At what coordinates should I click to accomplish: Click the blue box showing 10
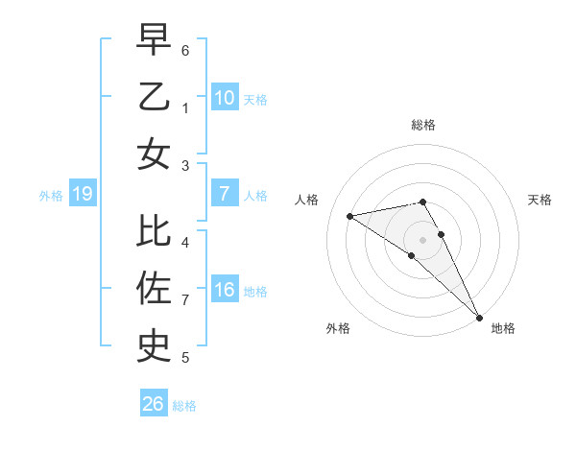tap(224, 97)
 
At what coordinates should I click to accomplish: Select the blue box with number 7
tap(224, 194)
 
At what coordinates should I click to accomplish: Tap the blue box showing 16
tap(224, 290)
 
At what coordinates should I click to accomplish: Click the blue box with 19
tap(82, 194)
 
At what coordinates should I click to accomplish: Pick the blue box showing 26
tap(154, 404)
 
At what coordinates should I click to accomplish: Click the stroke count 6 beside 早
tap(185, 50)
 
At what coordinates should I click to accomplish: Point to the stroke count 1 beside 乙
tap(185, 108)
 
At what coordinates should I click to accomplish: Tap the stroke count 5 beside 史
tap(185, 358)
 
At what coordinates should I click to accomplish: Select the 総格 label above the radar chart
tap(423, 125)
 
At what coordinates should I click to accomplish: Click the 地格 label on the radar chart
tap(503, 329)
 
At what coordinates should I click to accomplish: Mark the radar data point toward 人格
tap(349, 216)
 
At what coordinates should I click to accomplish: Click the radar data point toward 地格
tap(479, 317)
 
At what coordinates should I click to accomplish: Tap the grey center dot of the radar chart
tap(423, 239)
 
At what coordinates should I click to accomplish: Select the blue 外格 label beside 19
tap(51, 196)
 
